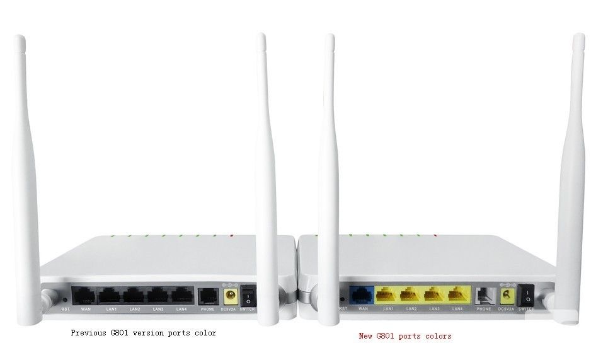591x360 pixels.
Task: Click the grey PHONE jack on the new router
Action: tap(484, 294)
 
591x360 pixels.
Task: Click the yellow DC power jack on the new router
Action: tap(504, 294)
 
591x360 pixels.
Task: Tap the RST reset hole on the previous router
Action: tap(66, 299)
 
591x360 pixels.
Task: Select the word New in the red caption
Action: tap(365, 336)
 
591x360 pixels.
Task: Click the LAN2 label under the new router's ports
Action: tap(411, 308)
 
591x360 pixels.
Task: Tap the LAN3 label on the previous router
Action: tap(158, 309)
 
